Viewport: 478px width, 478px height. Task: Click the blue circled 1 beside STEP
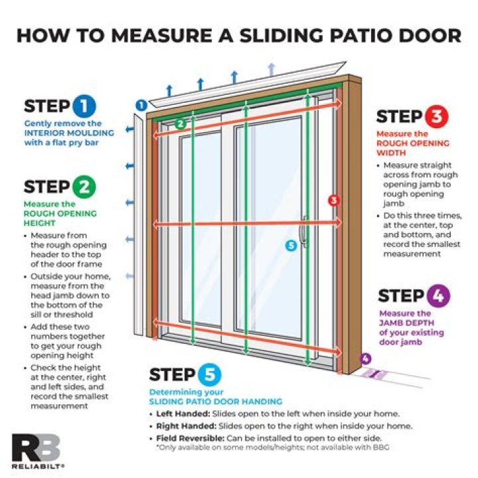(x=84, y=106)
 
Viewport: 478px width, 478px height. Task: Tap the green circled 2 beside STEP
(x=84, y=187)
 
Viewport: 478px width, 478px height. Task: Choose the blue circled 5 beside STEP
(x=209, y=375)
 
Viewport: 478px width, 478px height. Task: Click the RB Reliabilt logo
(x=37, y=450)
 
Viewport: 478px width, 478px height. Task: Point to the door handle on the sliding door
(x=303, y=232)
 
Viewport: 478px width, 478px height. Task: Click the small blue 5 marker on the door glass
(x=289, y=245)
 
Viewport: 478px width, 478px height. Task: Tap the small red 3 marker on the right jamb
(x=333, y=200)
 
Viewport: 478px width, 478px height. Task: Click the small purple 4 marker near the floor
(x=365, y=359)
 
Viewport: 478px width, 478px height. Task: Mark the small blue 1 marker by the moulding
(x=141, y=104)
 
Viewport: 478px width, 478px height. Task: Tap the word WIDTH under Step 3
(x=392, y=152)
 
